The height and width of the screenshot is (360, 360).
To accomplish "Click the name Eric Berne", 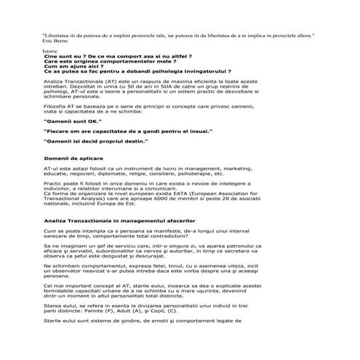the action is pos(57,41).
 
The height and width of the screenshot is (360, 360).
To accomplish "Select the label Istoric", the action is pos(51,52).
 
